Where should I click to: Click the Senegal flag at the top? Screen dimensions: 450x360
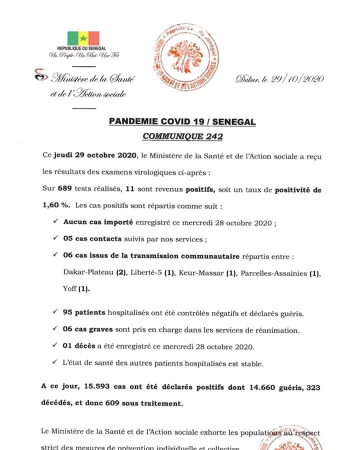(83, 37)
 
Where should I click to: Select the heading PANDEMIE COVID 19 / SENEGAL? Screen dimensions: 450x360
(182, 121)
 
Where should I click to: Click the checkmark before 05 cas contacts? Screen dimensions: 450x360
(55, 238)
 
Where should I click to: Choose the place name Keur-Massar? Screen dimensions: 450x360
(202, 273)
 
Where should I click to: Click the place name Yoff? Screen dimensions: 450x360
(69, 288)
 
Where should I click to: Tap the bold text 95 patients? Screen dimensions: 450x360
(84, 312)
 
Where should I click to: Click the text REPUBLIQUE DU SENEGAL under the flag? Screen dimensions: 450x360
(83, 48)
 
